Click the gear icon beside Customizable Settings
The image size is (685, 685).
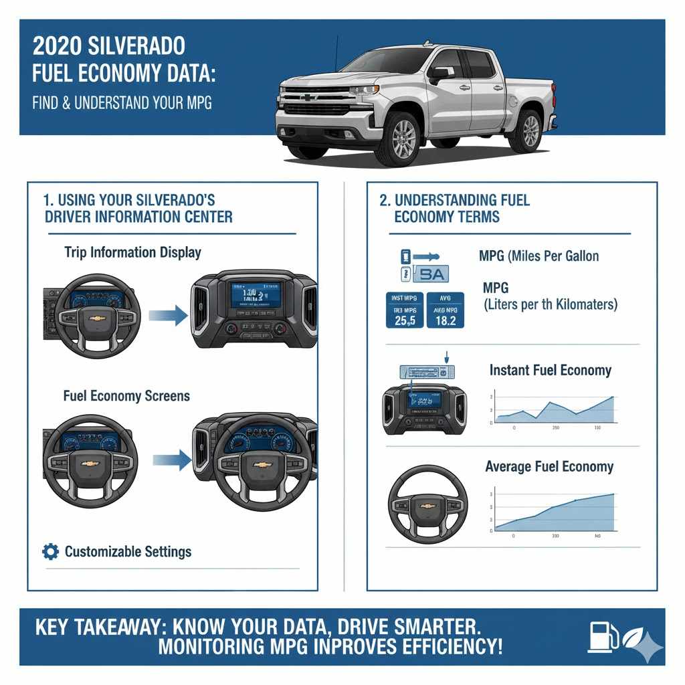click(x=50, y=551)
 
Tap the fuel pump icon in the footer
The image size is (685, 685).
click(x=599, y=637)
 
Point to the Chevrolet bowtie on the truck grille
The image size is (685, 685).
click(x=308, y=98)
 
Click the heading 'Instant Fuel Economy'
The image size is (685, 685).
click(x=550, y=370)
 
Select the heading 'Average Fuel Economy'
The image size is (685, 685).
click(x=549, y=466)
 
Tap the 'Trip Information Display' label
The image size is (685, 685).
click(x=132, y=252)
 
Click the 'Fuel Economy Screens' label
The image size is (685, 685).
click(x=126, y=396)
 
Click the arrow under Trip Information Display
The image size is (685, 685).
click(x=168, y=314)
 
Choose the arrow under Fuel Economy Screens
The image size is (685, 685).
click(x=172, y=460)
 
